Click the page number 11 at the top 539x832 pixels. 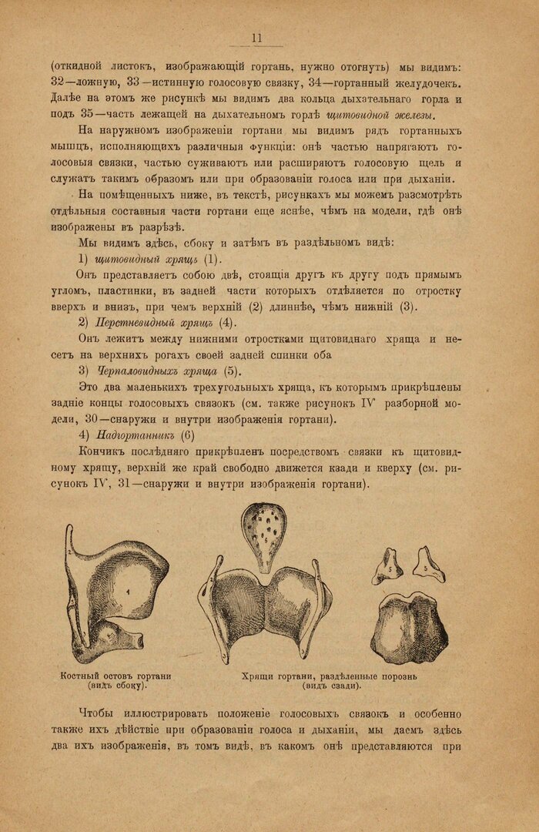(257, 39)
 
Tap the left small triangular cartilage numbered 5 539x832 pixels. (387, 567)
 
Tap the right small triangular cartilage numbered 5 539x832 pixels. (426, 565)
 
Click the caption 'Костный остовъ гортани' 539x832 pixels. (115, 676)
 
